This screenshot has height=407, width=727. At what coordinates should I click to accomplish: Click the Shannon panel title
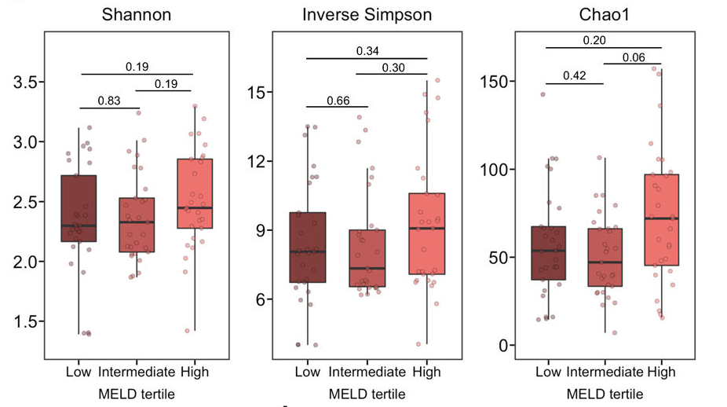[137, 15]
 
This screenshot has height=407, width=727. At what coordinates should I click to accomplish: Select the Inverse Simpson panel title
[367, 15]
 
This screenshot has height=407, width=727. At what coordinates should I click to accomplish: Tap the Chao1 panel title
[603, 15]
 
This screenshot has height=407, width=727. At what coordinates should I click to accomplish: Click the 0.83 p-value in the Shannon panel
[110, 101]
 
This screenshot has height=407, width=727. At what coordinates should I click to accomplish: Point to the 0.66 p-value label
[338, 100]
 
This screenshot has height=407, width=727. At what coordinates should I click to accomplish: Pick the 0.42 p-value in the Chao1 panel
[575, 76]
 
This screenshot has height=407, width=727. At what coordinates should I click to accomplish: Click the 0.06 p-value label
[634, 57]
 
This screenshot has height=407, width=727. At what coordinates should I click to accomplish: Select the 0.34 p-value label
[367, 51]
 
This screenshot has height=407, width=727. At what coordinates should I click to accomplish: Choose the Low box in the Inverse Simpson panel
[307, 247]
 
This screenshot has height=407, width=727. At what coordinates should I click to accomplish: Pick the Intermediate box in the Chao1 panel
[605, 257]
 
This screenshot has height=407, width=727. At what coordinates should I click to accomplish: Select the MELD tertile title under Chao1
[603, 394]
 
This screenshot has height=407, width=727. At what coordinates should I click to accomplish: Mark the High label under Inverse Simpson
[426, 372]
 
